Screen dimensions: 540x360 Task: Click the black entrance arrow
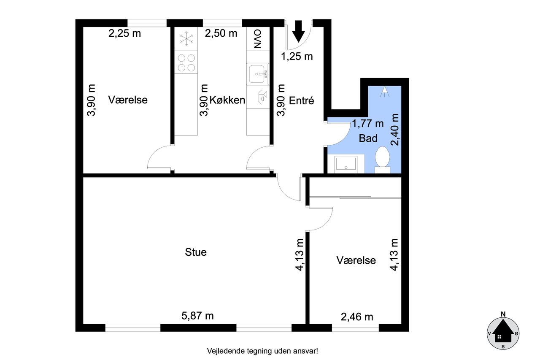(x=298, y=31)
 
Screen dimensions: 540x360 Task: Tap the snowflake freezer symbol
(x=186, y=38)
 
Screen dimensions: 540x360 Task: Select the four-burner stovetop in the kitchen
(x=186, y=62)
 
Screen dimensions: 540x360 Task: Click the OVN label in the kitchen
(x=258, y=38)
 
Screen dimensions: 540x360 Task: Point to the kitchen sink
(x=258, y=74)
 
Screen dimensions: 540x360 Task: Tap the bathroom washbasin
(x=346, y=164)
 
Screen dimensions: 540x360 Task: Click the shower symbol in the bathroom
(x=384, y=92)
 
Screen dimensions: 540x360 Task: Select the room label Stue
(x=196, y=252)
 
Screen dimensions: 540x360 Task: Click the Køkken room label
(x=227, y=100)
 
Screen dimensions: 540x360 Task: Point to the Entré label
(x=301, y=100)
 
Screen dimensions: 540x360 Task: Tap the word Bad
(x=368, y=138)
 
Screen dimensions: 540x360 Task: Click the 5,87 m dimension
(x=197, y=316)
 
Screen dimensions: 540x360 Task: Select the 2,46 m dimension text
(x=357, y=317)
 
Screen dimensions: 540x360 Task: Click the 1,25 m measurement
(x=297, y=57)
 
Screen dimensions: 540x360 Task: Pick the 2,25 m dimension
(x=124, y=33)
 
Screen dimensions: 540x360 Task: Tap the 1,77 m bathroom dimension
(x=367, y=124)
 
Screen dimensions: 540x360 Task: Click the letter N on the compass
(x=503, y=314)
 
